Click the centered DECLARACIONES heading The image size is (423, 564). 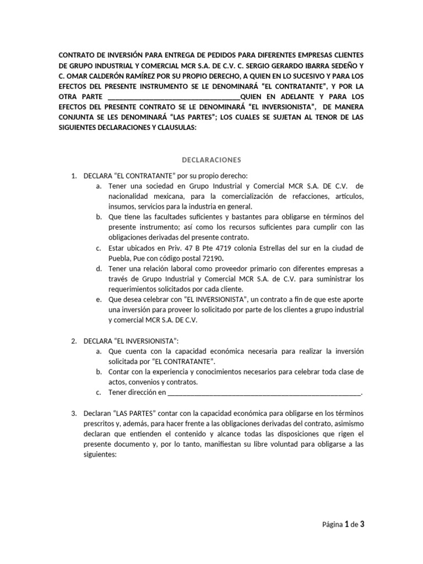212,160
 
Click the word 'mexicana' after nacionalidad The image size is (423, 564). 166,196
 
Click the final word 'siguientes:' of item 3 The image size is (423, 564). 100,455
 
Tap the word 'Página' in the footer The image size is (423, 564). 332,525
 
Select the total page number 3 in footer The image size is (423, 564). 362,525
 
